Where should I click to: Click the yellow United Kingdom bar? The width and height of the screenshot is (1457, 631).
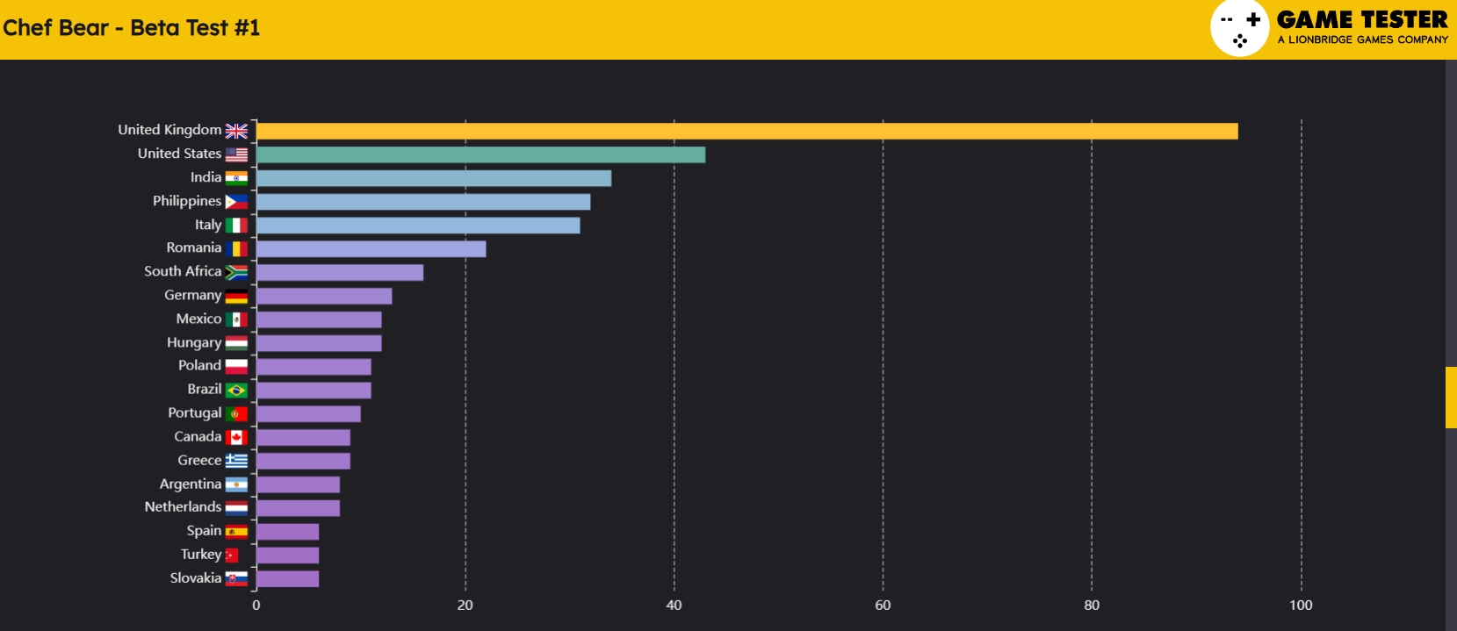coord(747,131)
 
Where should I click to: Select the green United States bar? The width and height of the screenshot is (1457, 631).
coord(480,154)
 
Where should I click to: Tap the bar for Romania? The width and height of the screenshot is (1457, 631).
coord(371,249)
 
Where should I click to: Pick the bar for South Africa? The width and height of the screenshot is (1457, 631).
coord(339,273)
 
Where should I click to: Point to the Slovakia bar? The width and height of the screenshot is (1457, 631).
coord(287,578)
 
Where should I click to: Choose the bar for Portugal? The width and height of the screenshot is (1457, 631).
coord(307,413)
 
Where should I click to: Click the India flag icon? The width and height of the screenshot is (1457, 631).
coord(236,178)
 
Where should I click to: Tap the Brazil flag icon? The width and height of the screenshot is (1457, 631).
coord(236,390)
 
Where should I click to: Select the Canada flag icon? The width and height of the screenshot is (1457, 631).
coord(236,437)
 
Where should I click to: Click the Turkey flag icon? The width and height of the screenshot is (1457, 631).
coord(232,555)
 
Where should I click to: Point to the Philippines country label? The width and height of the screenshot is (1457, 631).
coord(187,201)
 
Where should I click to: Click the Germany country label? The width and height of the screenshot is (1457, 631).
coord(192,295)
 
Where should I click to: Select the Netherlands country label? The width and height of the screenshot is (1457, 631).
coord(183,506)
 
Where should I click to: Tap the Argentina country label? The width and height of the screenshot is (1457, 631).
coord(190,484)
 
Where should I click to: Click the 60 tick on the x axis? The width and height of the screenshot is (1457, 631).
coord(883,605)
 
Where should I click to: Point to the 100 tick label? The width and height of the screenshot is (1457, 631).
coord(1301,605)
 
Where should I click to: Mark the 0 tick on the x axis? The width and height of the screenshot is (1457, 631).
coord(256,605)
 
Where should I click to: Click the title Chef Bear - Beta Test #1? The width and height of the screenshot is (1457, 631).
coord(132,28)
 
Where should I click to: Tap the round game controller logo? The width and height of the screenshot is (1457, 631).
coord(1239,28)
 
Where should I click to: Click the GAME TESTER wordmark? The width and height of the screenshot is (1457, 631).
coord(1362,19)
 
